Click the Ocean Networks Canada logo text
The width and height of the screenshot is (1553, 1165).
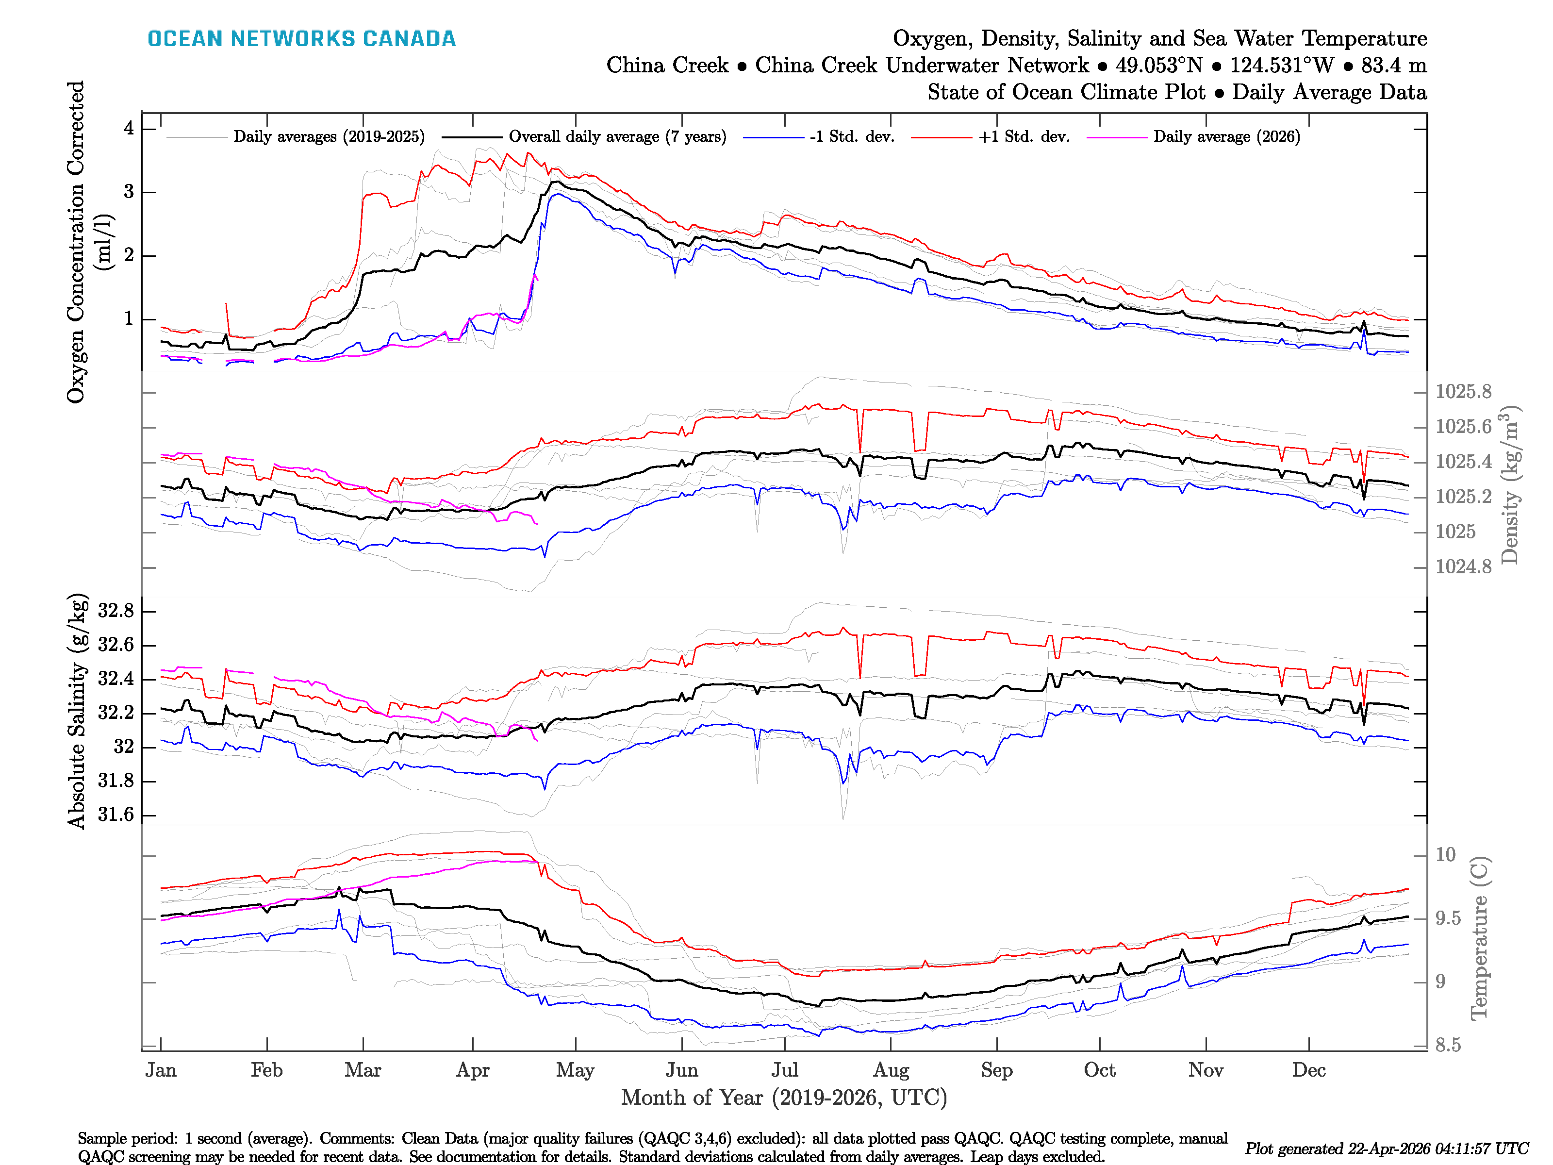(301, 39)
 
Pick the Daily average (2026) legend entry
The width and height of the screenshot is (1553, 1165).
(1226, 137)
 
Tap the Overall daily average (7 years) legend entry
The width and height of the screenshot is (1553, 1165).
(616, 137)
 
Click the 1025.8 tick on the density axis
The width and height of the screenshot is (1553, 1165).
(1463, 392)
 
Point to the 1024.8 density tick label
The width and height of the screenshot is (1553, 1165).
(1463, 566)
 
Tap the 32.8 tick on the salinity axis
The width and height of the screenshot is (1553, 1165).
(116, 611)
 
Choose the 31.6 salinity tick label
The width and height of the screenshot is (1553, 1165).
(116, 815)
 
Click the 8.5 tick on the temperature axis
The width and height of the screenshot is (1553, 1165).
(1448, 1045)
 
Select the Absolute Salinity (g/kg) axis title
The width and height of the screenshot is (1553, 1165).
(77, 711)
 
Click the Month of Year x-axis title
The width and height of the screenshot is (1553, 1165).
(783, 1097)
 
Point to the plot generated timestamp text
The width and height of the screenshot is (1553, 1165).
(1386, 1149)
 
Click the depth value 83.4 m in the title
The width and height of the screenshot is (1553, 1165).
(1394, 66)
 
